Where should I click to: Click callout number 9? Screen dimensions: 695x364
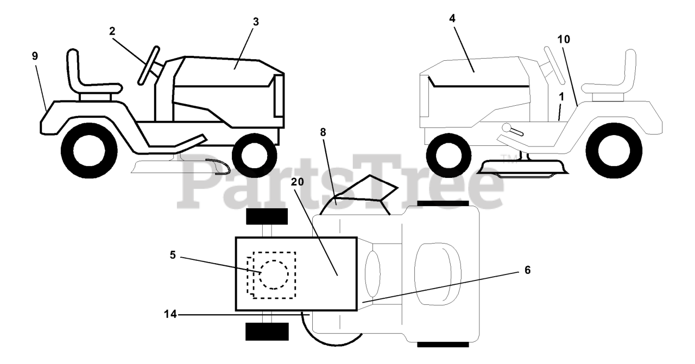(35, 56)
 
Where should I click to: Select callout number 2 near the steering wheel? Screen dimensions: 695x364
(112, 31)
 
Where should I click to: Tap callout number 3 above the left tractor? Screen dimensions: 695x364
(256, 22)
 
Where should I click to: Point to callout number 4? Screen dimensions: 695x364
(452, 18)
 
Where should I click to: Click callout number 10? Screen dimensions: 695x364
(564, 40)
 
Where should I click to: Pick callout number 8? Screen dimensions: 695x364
(323, 132)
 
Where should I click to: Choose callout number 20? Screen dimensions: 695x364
(297, 182)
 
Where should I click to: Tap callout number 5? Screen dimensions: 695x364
(173, 255)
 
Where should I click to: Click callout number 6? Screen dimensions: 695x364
(527, 270)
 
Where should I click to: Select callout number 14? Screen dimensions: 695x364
(170, 315)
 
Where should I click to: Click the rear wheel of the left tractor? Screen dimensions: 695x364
(89, 151)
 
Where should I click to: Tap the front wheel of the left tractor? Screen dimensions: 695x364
(255, 156)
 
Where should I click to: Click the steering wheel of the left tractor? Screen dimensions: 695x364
(149, 66)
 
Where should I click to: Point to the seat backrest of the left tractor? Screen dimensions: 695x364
(74, 70)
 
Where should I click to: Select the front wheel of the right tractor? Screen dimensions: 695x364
(448, 156)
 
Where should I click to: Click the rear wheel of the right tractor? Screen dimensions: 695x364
(614, 151)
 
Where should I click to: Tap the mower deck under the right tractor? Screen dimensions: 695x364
(525, 168)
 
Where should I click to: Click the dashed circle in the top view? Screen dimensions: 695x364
(274, 274)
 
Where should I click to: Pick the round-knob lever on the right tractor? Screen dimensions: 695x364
(513, 130)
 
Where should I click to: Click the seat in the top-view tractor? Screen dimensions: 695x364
(438, 273)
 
